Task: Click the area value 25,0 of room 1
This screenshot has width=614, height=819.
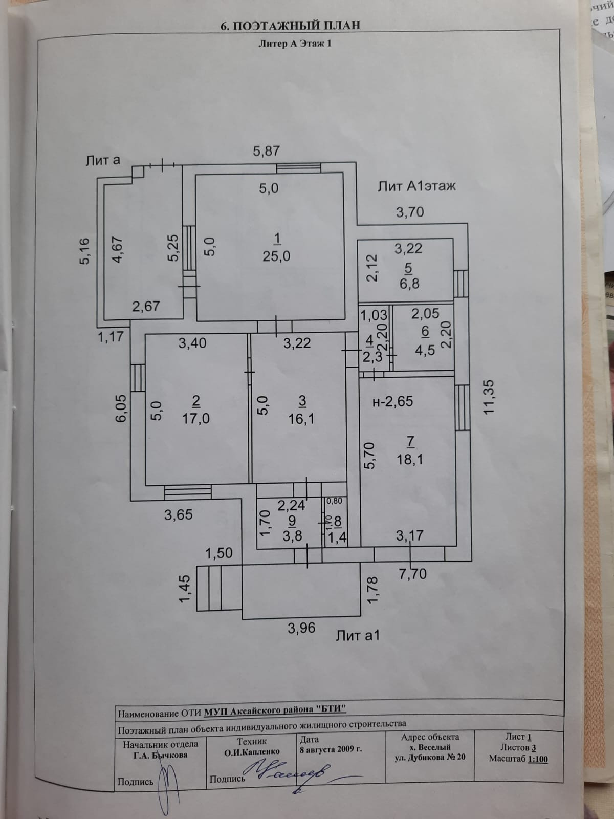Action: pos(277,256)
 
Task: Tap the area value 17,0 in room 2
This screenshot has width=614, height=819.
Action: pos(195,419)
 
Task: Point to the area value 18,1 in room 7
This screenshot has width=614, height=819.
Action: pos(410,459)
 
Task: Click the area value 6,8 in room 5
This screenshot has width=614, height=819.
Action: pos(409,284)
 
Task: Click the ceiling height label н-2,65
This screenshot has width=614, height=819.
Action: pos(392,402)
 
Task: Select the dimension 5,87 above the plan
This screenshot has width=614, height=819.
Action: pos(267,152)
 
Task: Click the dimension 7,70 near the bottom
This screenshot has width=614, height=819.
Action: pos(412,574)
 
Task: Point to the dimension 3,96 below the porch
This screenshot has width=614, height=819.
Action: pos(301,628)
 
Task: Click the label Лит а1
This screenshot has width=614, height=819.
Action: pos(358,636)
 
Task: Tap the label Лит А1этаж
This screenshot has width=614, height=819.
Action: pos(416,186)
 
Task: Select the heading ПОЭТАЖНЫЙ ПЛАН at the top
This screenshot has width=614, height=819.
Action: pos(291,26)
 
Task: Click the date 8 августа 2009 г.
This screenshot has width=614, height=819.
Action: pos(331,749)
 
